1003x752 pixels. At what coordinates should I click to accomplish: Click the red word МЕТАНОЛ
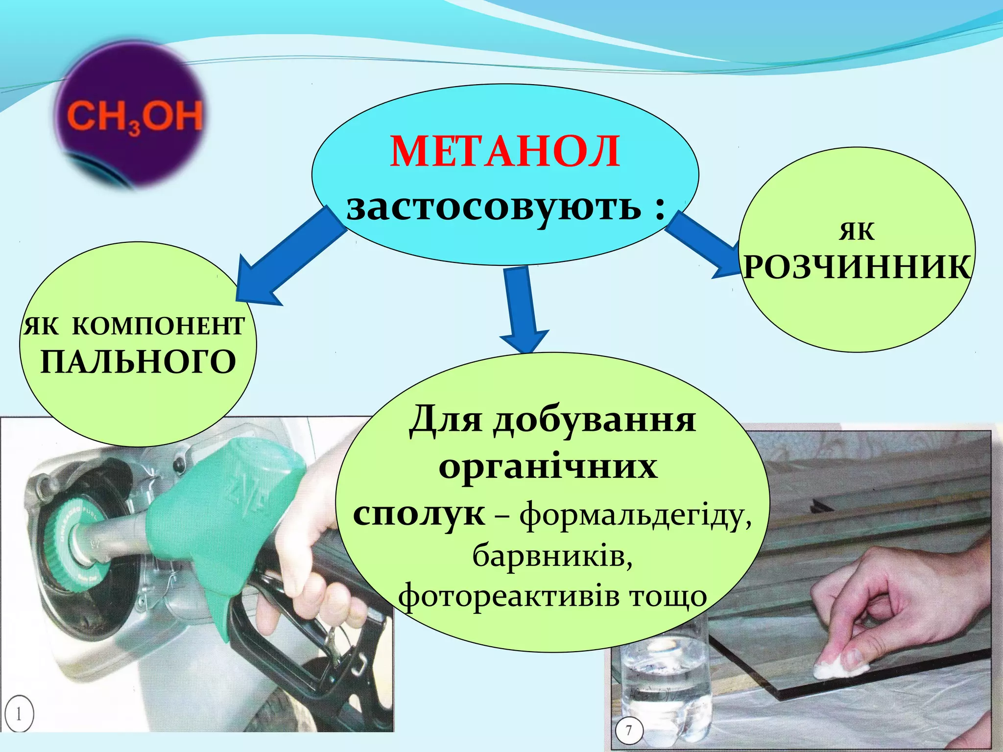505,152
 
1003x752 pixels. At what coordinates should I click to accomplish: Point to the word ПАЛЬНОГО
138,362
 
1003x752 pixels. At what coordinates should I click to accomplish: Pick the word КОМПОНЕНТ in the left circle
158,326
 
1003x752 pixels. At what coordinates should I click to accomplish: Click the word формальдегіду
635,516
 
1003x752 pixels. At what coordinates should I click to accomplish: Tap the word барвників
552,556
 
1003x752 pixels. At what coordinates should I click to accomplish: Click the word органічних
548,467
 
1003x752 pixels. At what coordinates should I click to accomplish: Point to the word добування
594,420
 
